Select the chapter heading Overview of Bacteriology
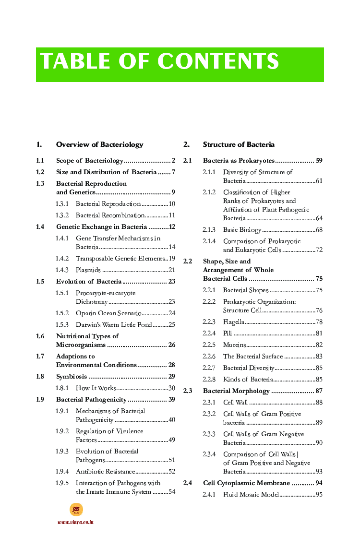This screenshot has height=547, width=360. [99, 144]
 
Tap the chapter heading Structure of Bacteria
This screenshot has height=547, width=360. [239, 144]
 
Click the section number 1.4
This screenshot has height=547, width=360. [40, 227]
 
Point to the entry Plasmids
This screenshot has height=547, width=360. [88, 270]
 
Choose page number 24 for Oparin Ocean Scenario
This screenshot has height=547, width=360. [171, 313]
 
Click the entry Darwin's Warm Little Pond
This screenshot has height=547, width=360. [114, 325]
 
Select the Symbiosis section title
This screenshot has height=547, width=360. [72, 377]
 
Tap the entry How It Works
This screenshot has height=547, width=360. [96, 388]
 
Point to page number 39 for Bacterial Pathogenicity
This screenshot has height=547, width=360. [171, 400]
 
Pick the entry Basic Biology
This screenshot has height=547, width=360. [242, 230]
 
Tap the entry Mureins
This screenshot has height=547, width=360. [234, 345]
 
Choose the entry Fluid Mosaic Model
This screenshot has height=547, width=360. [251, 495]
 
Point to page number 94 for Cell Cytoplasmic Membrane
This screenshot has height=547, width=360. [319, 483]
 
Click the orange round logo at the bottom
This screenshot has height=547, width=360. [76, 510]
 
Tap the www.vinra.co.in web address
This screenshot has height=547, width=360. [75, 522]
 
